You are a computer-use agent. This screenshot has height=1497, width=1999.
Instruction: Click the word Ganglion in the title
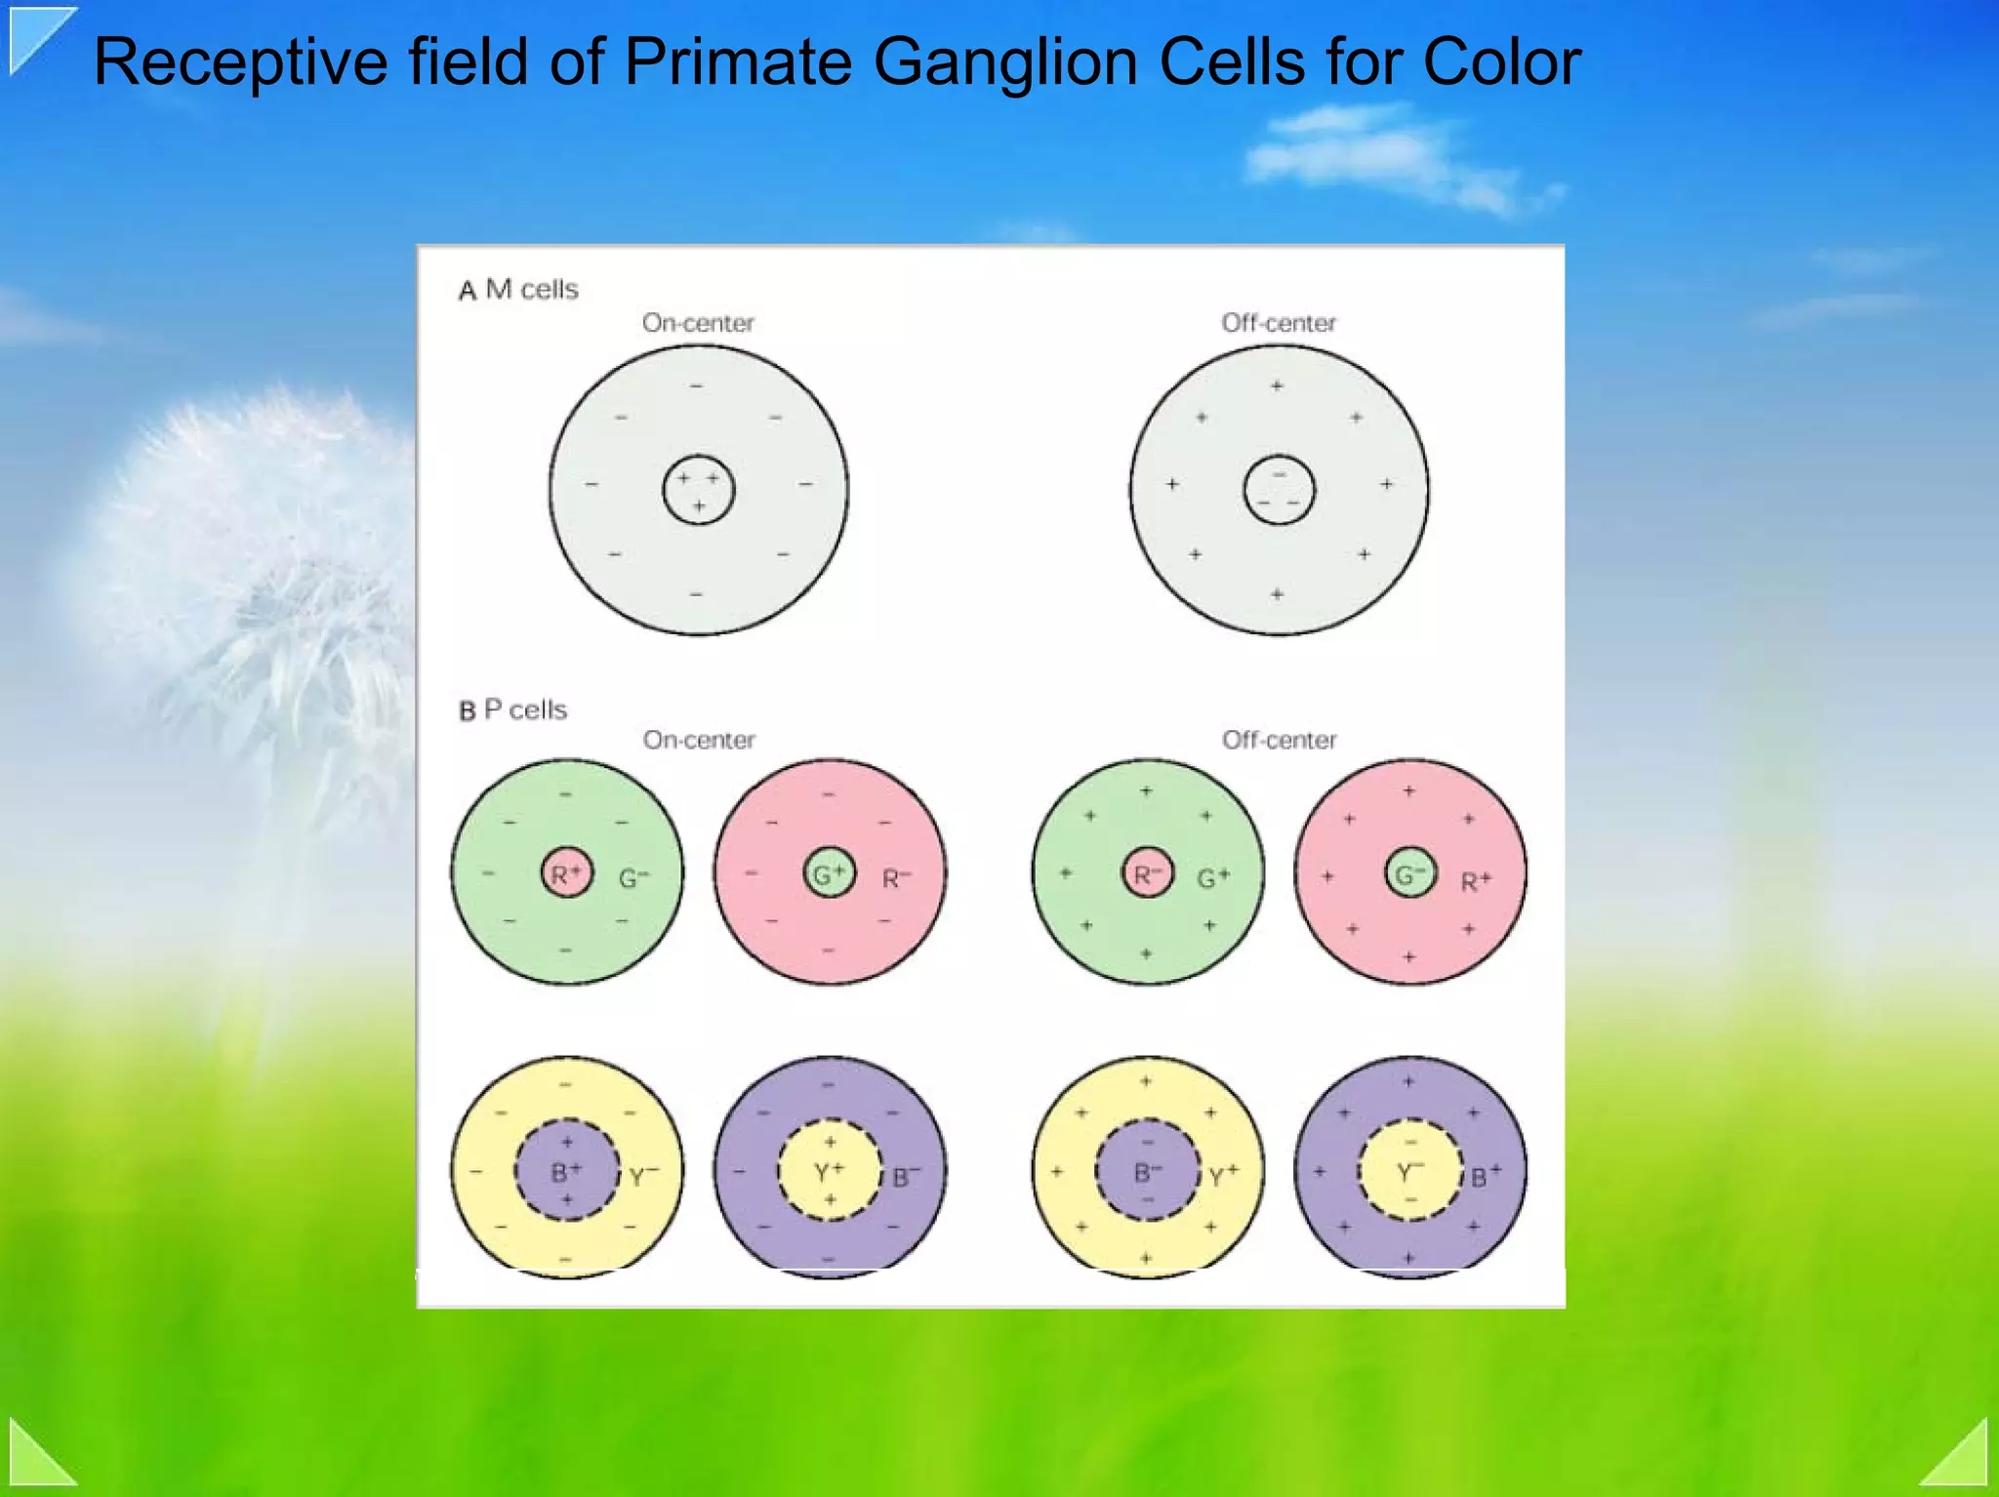pyautogui.click(x=1005, y=62)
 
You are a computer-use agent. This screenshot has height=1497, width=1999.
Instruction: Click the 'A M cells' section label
pyautogui.click(x=518, y=289)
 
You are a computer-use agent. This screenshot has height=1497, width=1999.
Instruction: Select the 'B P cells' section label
pyautogui.click(x=512, y=709)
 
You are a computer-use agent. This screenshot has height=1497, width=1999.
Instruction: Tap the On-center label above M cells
pyautogui.click(x=698, y=323)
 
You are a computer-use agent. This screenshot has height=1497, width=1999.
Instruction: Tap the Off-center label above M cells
pyautogui.click(x=1278, y=323)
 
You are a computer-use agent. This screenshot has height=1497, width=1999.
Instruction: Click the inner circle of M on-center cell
pyautogui.click(x=698, y=490)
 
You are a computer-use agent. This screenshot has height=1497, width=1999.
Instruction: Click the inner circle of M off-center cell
pyautogui.click(x=1279, y=490)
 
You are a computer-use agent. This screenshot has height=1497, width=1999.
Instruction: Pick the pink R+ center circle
pyautogui.click(x=566, y=872)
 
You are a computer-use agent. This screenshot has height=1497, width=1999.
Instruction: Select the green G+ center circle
pyautogui.click(x=829, y=872)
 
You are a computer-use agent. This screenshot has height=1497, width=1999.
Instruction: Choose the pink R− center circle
pyautogui.click(x=1147, y=872)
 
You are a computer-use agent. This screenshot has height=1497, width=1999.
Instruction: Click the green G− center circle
pyautogui.click(x=1409, y=872)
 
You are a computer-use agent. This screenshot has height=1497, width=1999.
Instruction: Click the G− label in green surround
pyautogui.click(x=633, y=878)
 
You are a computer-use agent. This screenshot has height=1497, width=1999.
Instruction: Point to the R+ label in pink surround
pyautogui.click(x=1475, y=881)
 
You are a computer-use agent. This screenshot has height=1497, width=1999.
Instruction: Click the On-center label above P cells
pyautogui.click(x=699, y=740)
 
